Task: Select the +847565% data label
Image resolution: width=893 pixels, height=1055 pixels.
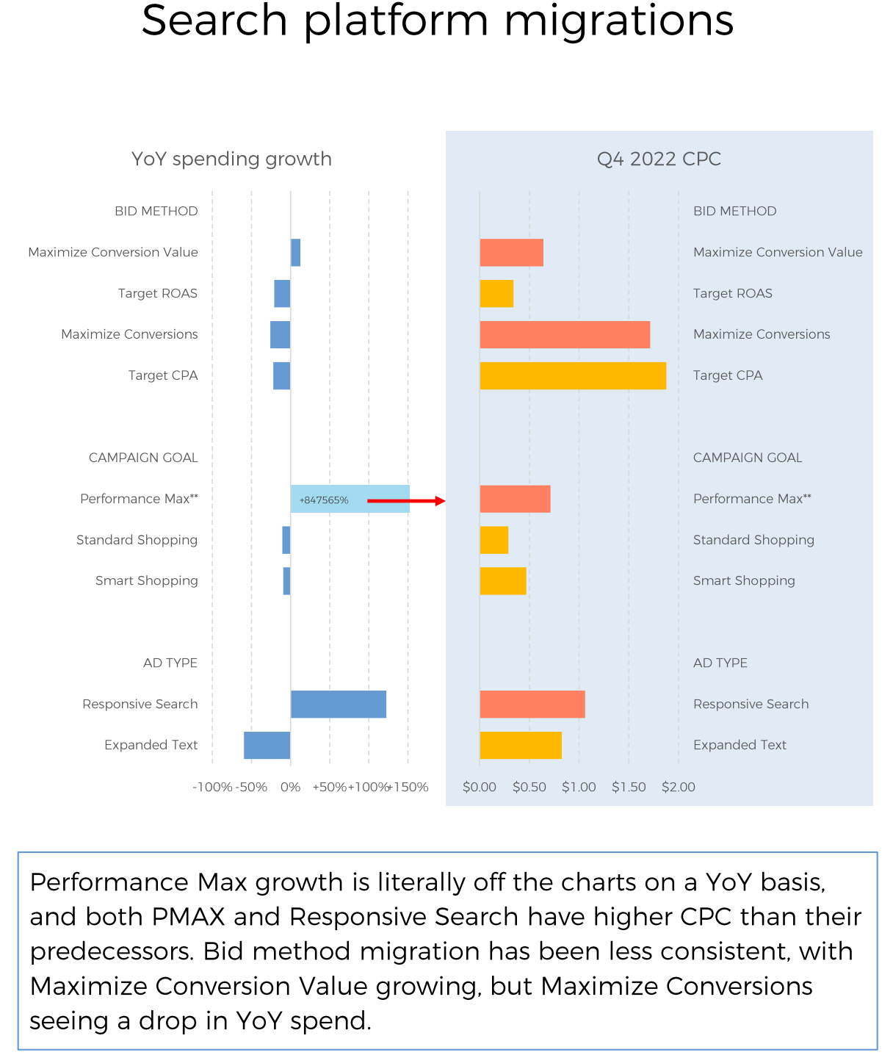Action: tap(324, 500)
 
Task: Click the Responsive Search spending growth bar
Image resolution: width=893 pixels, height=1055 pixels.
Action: tap(339, 704)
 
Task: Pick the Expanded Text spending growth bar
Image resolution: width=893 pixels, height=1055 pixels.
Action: tap(267, 745)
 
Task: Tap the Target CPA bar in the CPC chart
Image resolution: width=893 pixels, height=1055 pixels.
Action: tap(573, 375)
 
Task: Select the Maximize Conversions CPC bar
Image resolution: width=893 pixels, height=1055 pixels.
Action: tap(565, 334)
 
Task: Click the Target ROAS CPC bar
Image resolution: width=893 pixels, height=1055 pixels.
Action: tap(496, 293)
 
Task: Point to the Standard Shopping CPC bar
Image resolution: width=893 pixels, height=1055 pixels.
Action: tap(494, 540)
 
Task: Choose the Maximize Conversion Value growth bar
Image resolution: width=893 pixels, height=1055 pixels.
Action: tap(295, 252)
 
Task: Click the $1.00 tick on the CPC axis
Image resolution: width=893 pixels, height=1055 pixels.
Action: tap(579, 787)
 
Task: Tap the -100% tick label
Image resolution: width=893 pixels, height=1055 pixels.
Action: tap(212, 787)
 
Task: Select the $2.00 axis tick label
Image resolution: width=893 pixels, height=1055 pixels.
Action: tap(678, 787)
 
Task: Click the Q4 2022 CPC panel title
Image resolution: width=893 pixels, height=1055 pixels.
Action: tap(659, 159)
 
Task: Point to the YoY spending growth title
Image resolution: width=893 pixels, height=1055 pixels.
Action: tap(231, 159)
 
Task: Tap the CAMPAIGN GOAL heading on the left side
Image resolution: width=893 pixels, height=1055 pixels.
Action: tap(143, 458)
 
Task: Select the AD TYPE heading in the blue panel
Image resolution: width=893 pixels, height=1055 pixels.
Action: tap(720, 663)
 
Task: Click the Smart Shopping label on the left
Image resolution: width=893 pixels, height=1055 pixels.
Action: tap(147, 580)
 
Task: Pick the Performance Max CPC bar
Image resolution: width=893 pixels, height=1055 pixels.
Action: tap(515, 499)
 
